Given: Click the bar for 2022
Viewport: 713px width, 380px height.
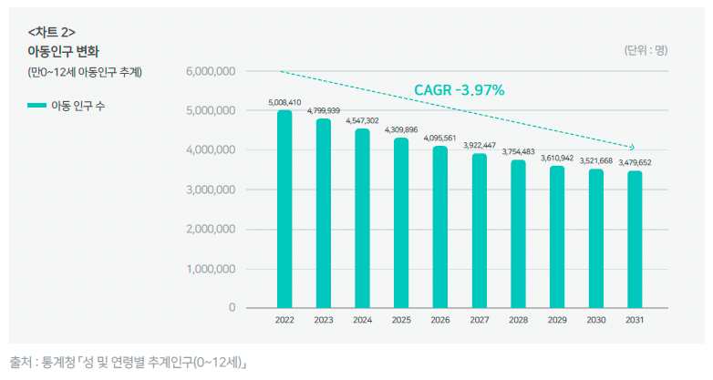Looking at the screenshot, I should click(284, 210).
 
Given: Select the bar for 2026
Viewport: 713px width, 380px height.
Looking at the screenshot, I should click(440, 227).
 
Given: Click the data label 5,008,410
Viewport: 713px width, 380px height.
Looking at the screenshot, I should click(284, 103).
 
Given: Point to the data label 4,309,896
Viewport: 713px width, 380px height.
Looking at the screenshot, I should click(401, 130).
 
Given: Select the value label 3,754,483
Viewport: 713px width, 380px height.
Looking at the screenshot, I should click(518, 151).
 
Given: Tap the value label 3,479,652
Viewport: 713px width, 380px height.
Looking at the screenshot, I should click(635, 163).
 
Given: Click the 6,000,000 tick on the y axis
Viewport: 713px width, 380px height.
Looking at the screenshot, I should click(211, 71).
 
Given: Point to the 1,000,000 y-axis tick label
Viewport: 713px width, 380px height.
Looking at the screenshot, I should click(211, 269).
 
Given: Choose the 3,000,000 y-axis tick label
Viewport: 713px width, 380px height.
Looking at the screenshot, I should click(211, 190).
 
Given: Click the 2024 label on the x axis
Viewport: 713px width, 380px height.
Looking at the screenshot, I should click(362, 320).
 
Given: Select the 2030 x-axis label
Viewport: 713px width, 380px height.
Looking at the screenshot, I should click(595, 320).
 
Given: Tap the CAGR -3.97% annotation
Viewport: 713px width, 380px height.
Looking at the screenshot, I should click(460, 90).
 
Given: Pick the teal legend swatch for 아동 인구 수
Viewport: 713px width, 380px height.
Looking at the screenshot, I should click(36, 106).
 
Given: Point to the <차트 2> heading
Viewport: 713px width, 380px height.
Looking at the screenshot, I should click(52, 32).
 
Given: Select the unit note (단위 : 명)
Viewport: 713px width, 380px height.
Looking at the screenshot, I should click(646, 50).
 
